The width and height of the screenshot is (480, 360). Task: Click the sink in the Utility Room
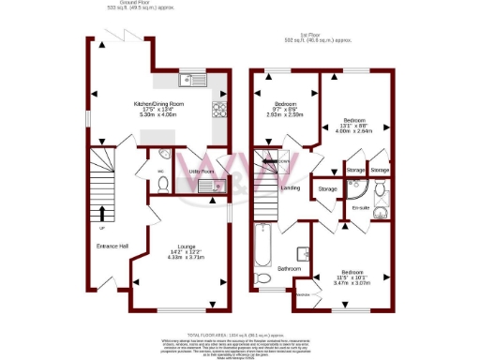pos(206,187)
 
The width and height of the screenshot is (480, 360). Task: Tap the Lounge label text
pos(180,247)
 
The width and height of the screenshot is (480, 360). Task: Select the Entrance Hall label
pos(112,246)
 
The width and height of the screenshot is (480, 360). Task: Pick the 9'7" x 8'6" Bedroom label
pos(285,103)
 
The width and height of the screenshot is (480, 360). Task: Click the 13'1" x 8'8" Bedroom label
pos(353,121)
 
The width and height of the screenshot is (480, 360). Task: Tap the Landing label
pos(291,187)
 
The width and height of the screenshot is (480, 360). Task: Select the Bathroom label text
pos(290,269)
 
